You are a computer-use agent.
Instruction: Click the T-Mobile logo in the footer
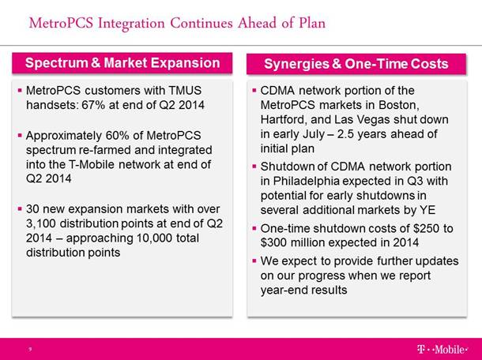[442, 349]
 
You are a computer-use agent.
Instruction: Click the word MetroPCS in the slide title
[61, 24]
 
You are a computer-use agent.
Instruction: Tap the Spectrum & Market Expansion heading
[122, 63]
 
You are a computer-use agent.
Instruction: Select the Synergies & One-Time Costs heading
[356, 64]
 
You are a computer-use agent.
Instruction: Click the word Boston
[399, 105]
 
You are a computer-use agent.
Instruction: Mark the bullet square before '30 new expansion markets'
[20, 209]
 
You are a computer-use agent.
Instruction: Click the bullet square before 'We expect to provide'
[254, 261]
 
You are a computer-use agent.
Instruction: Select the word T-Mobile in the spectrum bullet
[92, 165]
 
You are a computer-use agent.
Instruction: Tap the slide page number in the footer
[30, 349]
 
